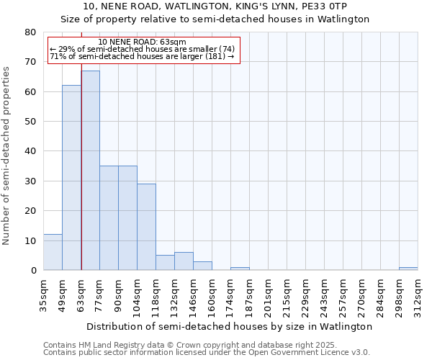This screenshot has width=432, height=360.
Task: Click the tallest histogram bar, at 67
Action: coord(90,171)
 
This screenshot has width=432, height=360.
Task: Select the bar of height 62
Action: coord(71,178)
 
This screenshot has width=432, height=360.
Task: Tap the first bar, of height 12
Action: coord(53,252)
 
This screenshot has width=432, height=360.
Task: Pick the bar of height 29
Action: coord(146,227)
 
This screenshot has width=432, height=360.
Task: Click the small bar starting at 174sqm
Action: coord(240,269)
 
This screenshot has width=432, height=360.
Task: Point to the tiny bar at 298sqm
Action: coord(408,269)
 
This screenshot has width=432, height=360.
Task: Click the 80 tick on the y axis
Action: coord(30,32)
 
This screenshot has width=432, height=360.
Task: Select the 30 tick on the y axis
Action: coord(30,181)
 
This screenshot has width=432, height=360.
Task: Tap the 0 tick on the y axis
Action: coord(33,271)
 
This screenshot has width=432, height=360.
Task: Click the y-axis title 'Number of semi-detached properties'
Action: coord(6,156)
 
